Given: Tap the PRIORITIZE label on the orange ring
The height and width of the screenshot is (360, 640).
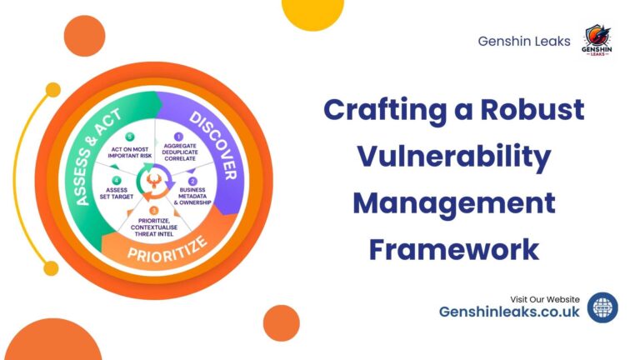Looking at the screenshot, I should click(x=167, y=249).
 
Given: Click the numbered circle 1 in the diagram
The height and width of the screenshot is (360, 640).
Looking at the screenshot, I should click(x=177, y=136).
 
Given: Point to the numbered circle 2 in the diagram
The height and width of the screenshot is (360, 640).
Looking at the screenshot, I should click(x=192, y=181).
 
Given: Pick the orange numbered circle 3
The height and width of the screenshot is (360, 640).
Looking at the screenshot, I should click(x=152, y=209).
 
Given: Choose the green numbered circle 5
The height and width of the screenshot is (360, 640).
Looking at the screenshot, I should click(x=128, y=136).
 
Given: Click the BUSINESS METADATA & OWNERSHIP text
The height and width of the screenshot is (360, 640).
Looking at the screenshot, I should click(x=192, y=197).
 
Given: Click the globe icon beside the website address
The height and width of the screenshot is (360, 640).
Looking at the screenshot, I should click(x=602, y=307).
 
